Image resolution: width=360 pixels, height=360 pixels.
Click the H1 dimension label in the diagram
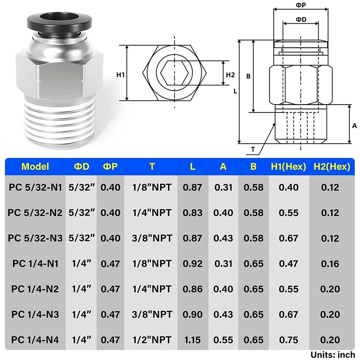tap(120, 75)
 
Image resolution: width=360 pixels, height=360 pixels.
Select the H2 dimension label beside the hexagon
tap(230, 75)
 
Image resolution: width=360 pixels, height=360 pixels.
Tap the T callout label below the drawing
tap(253, 149)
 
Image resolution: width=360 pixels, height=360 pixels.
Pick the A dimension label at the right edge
tap(354, 126)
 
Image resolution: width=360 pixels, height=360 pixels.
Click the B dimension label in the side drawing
tap(248, 76)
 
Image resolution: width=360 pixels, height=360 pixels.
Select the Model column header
tap(35, 166)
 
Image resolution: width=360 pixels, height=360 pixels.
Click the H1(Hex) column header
tap(288, 166)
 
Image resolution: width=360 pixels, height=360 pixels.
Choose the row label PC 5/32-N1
tap(35, 187)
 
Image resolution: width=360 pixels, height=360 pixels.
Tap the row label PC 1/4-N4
tap(35, 340)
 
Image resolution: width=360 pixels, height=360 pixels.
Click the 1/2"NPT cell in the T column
tap(151, 340)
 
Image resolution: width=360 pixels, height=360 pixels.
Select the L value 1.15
tap(192, 340)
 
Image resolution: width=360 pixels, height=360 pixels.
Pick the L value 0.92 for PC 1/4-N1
tap(192, 264)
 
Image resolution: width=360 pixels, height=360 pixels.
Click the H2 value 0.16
tap(330, 264)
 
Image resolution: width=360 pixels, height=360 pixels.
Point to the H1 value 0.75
tap(288, 340)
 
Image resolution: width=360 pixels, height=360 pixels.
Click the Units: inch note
tap(332, 354)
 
